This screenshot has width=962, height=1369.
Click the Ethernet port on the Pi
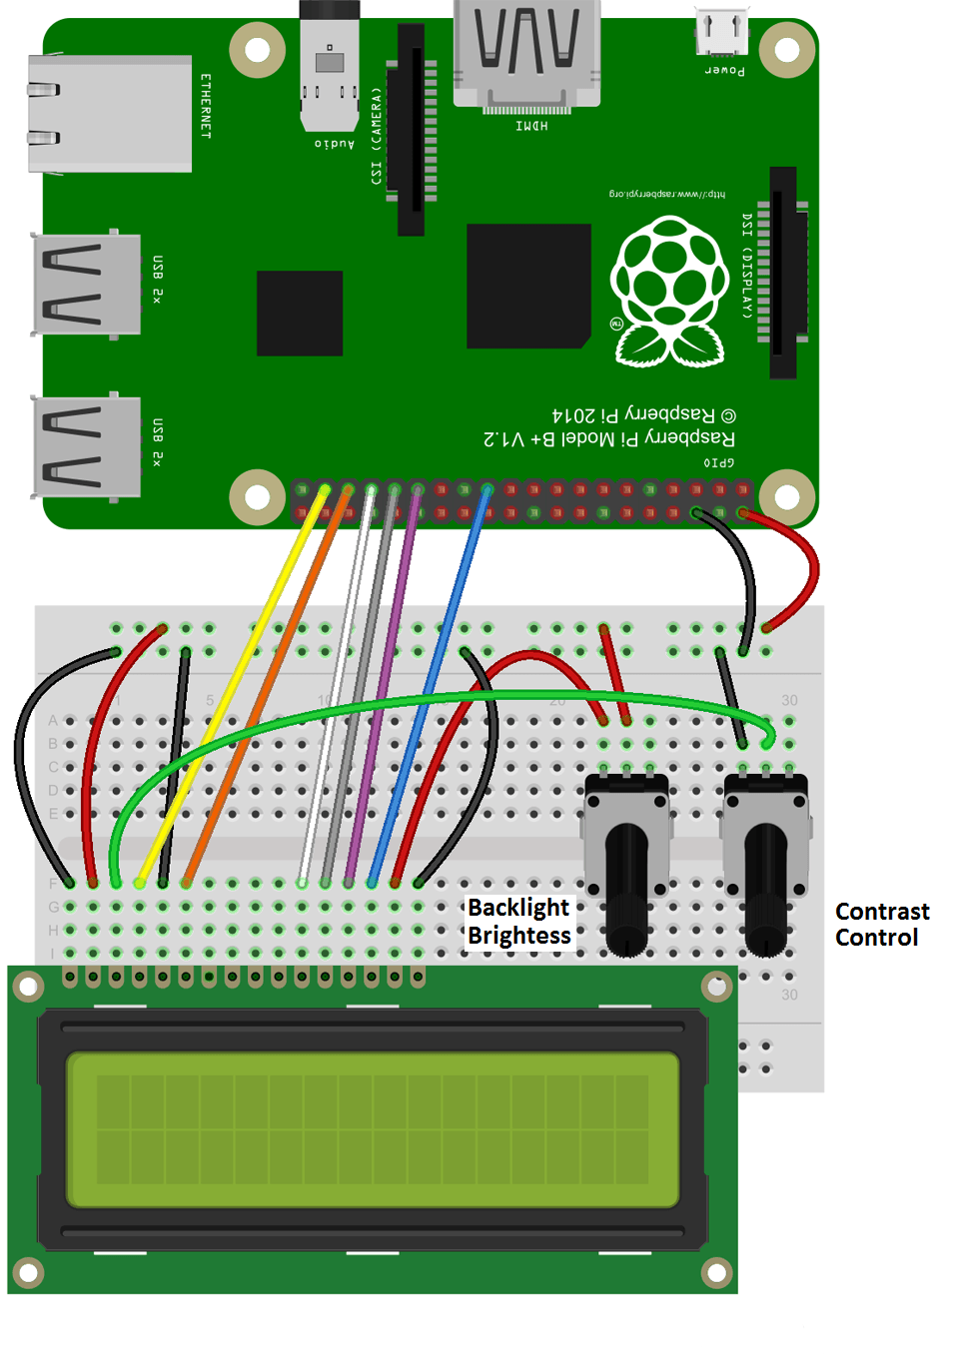(x=110, y=113)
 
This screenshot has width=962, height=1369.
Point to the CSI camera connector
(x=412, y=130)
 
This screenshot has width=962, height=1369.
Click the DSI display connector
(x=784, y=272)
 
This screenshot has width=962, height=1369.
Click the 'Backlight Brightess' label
(x=518, y=922)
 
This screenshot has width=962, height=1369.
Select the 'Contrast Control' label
(x=881, y=925)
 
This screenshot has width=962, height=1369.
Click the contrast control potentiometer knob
(x=766, y=889)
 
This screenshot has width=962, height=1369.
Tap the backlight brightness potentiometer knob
(x=626, y=889)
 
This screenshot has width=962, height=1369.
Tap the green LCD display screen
(x=372, y=1129)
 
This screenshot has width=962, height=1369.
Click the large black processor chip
(x=527, y=286)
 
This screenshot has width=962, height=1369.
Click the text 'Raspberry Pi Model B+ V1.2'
(x=608, y=438)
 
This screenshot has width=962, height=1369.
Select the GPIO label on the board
(x=718, y=462)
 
